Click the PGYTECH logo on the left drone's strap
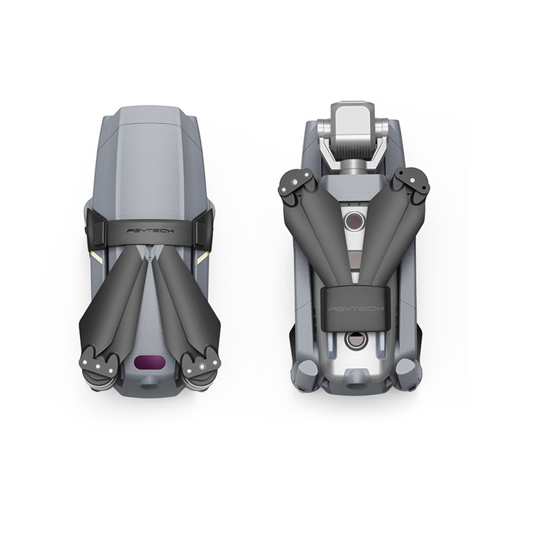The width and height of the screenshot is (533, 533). point(150,231)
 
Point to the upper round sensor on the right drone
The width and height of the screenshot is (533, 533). point(354,221)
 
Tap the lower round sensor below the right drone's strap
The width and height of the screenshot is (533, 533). point(356,340)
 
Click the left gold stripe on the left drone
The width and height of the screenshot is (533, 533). point(96,258)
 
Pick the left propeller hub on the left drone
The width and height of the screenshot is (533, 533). point(98,366)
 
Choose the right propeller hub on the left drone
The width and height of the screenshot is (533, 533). point(201,366)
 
